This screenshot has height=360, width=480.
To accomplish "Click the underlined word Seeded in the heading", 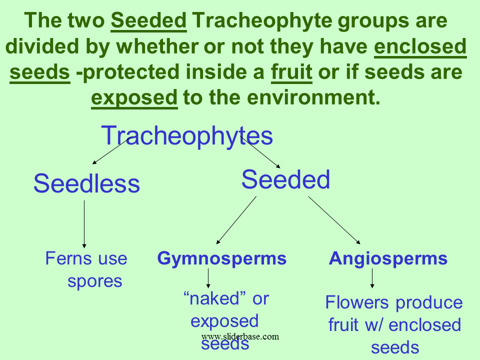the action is pyautogui.click(x=149, y=20).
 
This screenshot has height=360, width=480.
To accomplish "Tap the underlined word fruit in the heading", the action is pyautogui.click(x=291, y=72).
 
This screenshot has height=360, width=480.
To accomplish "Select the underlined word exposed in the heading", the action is pyautogui.click(x=134, y=98).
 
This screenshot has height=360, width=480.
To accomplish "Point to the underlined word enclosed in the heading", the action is pyautogui.click(x=420, y=46).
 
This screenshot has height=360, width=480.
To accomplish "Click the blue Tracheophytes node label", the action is pyautogui.click(x=187, y=135).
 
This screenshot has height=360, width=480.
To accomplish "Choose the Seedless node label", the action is pyautogui.click(x=86, y=183).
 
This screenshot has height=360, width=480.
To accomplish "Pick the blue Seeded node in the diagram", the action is pyautogui.click(x=285, y=179).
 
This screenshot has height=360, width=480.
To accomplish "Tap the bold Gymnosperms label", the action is pyautogui.click(x=222, y=258).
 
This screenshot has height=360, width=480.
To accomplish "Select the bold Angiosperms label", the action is pyautogui.click(x=388, y=258).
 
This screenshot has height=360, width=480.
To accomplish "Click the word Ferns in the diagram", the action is pyautogui.click(x=69, y=258).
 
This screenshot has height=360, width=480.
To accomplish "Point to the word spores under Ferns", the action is pyautogui.click(x=95, y=281).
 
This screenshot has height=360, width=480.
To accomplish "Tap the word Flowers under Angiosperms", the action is pyautogui.click(x=357, y=302).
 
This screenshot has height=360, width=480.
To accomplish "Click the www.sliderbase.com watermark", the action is pyautogui.click(x=240, y=336).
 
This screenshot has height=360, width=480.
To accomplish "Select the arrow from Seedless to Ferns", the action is pyautogui.click(x=84, y=224).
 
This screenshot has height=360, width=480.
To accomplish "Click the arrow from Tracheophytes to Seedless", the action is pyautogui.click(x=111, y=150).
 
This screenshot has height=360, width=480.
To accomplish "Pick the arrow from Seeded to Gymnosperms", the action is pyautogui.click(x=236, y=220).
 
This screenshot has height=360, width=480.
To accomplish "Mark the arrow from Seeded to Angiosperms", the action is pyautogui.click(x=334, y=220).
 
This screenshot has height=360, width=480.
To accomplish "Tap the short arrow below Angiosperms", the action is pyautogui.click(x=372, y=278).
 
